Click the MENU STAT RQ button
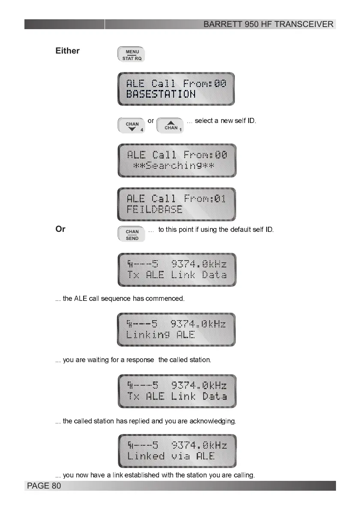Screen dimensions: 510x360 [131, 55]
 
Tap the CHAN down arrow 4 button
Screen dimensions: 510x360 [132, 126]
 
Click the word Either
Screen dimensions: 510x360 [67, 51]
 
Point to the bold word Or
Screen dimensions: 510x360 [60, 229]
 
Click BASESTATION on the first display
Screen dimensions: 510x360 [161, 94]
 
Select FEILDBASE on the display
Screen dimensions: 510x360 [154, 210]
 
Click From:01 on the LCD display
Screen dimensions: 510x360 [204, 198]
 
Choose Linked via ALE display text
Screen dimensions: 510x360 [171, 456]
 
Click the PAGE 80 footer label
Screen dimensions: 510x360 [44, 486]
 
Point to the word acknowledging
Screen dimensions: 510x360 [214, 421]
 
